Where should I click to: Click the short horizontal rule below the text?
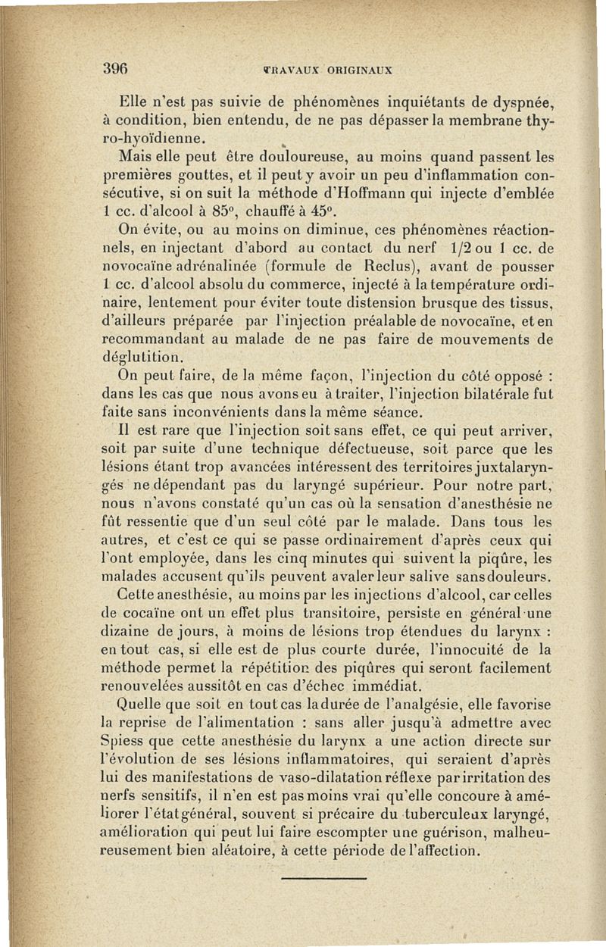(x=323, y=880)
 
